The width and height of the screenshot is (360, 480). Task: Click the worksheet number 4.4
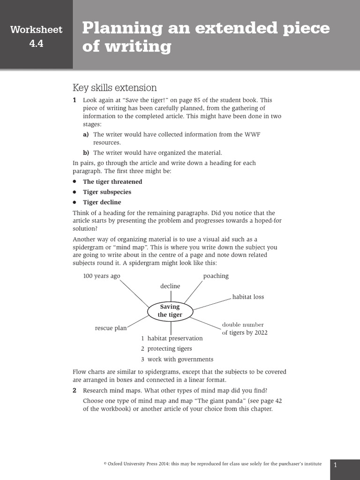36,45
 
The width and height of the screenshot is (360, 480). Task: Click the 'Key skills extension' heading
114,88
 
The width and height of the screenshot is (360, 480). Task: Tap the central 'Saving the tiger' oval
170,311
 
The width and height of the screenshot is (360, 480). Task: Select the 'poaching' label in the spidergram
216,276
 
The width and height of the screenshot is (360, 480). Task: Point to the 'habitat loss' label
248,297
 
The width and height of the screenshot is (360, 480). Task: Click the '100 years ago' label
102,276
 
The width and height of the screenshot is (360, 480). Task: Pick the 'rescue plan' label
111,328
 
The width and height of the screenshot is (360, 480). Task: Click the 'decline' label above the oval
170,286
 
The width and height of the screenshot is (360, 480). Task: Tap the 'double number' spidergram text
243,324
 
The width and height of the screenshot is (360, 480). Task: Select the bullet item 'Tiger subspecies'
107,192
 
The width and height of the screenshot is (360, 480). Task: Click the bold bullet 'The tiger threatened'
112,181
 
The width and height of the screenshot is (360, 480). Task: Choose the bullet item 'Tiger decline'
102,202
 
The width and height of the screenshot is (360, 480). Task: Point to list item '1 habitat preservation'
172,338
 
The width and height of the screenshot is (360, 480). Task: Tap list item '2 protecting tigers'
166,348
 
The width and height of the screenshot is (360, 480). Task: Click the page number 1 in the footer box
336,465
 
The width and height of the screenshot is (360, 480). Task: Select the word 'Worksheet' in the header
36,30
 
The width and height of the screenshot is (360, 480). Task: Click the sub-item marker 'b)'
86,152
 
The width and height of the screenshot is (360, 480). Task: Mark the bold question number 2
75,390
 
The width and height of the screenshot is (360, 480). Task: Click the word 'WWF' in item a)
252,135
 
